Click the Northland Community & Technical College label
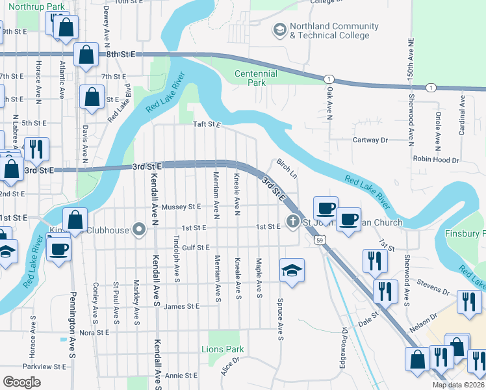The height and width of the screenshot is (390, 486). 334,31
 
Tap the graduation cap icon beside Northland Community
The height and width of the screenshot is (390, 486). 279,30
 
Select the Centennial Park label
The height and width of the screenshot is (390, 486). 256,78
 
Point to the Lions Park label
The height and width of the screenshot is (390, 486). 226,350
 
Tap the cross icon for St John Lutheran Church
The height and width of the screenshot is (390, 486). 292,222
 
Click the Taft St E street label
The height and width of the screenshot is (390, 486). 207,124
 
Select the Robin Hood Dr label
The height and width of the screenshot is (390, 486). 436,159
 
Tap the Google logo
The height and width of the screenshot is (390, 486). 21,382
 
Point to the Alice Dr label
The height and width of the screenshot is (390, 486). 230,367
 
